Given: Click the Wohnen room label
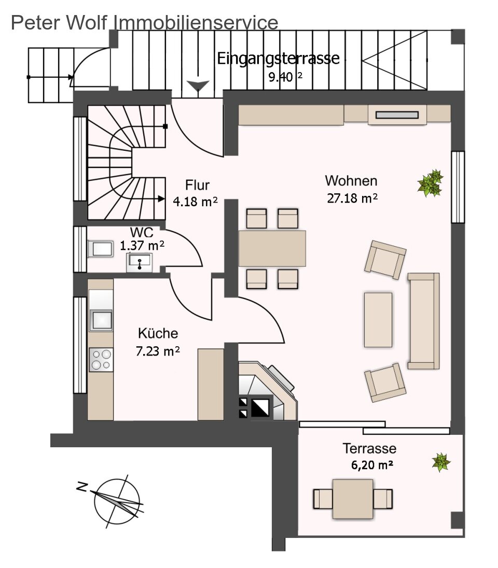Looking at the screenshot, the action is pyautogui.click(x=351, y=180).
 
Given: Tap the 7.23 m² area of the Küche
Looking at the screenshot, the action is pyautogui.click(x=157, y=351).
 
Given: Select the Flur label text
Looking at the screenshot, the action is pyautogui.click(x=197, y=184).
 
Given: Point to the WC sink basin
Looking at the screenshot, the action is pyautogui.click(x=139, y=262).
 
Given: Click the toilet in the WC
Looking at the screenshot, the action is pyautogui.click(x=101, y=249).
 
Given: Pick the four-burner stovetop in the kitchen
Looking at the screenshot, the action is pyautogui.click(x=101, y=359).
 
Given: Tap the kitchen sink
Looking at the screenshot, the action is pyautogui.click(x=101, y=320).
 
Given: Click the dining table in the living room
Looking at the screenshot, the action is pyautogui.click(x=272, y=249).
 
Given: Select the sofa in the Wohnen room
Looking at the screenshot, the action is pyautogui.click(x=424, y=321).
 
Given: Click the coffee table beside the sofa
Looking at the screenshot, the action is pyautogui.click(x=378, y=319).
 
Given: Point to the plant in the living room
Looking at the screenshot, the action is pyautogui.click(x=431, y=183).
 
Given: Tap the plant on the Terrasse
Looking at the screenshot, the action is pyautogui.click(x=441, y=462).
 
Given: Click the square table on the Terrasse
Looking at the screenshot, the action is pyautogui.click(x=353, y=499).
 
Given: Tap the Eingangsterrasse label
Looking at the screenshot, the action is pyautogui.click(x=278, y=58).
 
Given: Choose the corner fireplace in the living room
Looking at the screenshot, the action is pyautogui.click(x=268, y=391).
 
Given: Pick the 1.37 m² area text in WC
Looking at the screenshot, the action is pyautogui.click(x=142, y=246).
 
